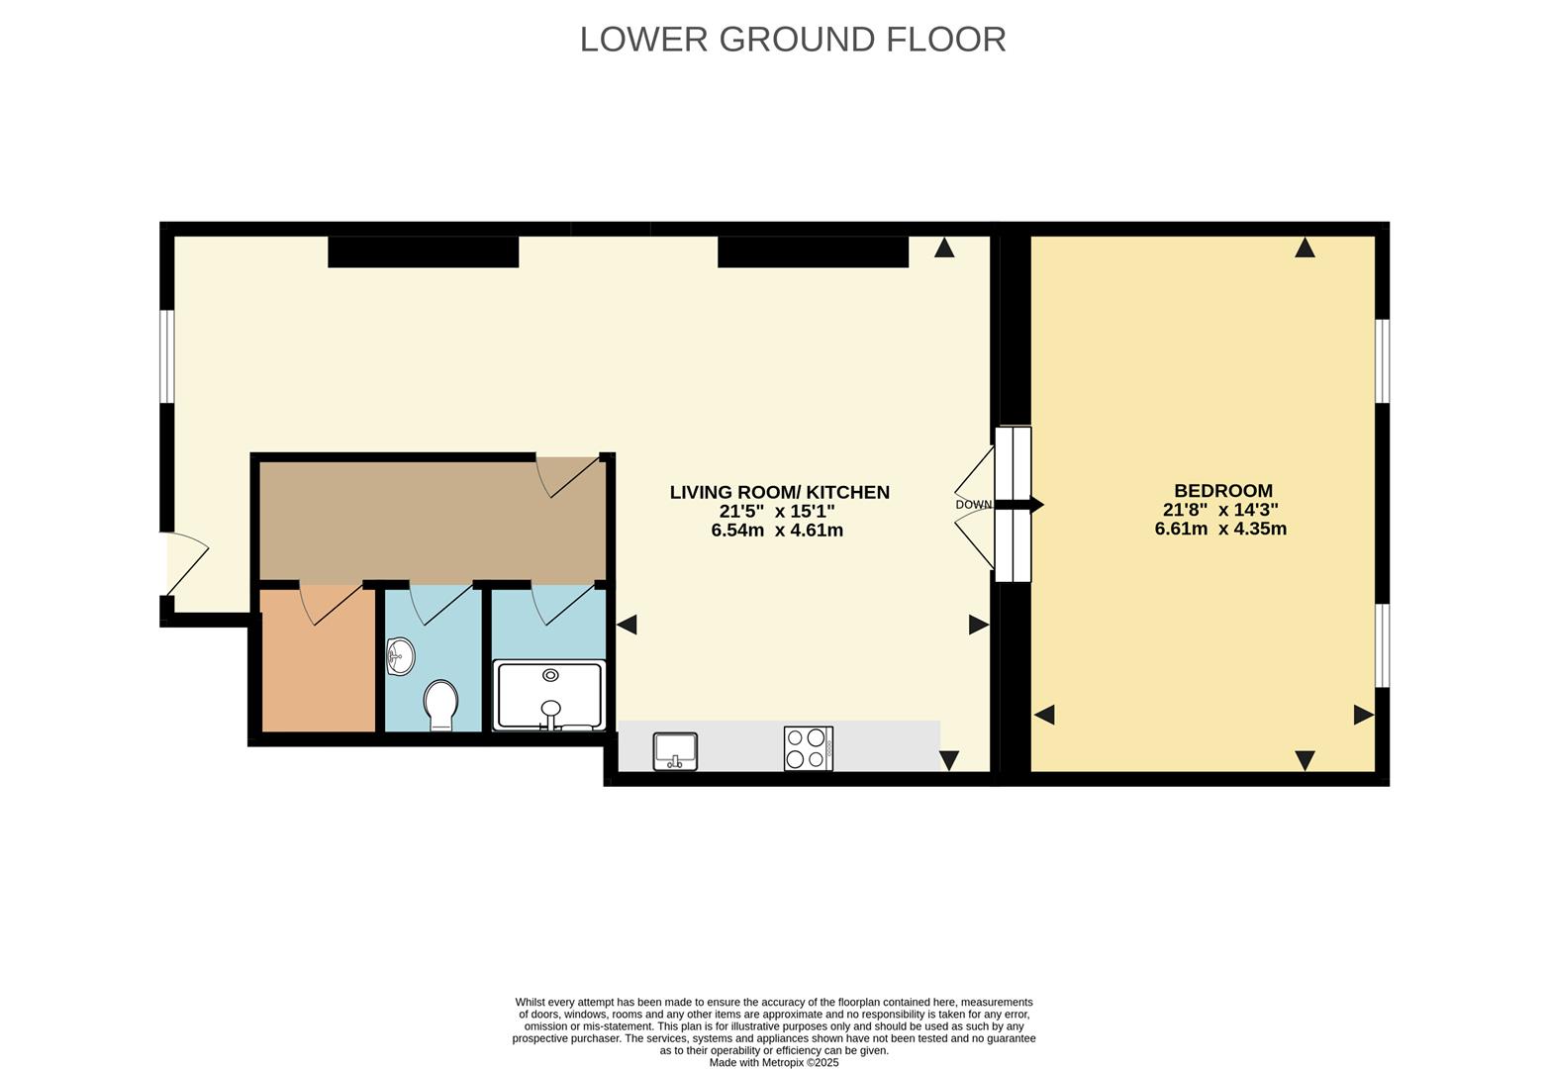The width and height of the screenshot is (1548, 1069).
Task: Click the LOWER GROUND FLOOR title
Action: pyautogui.click(x=792, y=40)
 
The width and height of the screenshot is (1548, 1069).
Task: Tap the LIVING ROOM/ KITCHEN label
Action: pyautogui.click(x=779, y=492)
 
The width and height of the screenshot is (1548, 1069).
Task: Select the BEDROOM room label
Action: pyautogui.click(x=1222, y=490)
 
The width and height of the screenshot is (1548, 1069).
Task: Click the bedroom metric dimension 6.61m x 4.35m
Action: pyautogui.click(x=1219, y=529)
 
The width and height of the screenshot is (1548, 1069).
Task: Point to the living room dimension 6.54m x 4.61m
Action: pyautogui.click(x=777, y=531)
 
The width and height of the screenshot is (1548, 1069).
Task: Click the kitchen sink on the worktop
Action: pyautogui.click(x=675, y=750)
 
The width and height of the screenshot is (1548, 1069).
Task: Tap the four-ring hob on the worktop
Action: pyautogui.click(x=808, y=748)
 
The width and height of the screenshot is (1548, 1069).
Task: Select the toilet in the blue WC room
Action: pyautogui.click(x=440, y=704)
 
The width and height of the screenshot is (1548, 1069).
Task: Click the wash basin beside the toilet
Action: pyautogui.click(x=400, y=656)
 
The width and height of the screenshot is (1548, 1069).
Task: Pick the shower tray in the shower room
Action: pyautogui.click(x=549, y=695)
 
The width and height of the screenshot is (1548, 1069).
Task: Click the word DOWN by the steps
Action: pyautogui.click(x=973, y=505)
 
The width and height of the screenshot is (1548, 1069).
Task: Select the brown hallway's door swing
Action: pyautogui.click(x=569, y=475)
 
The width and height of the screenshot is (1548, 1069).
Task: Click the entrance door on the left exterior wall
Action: pyautogui.click(x=186, y=565)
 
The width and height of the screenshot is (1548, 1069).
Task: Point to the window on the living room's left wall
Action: pyautogui.click(x=167, y=356)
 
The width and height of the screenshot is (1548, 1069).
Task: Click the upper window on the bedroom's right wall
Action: pyautogui.click(x=1383, y=360)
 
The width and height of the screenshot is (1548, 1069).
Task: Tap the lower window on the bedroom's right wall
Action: pyautogui.click(x=1383, y=644)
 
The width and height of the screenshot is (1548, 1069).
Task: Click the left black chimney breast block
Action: pyautogui.click(x=423, y=251)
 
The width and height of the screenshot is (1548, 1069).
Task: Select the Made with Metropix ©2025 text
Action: pyautogui.click(x=773, y=1062)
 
